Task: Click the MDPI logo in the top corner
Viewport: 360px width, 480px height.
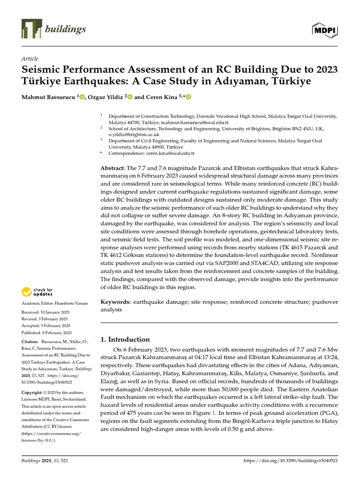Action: point(325,30)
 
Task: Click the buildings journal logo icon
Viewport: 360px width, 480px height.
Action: point(31,29)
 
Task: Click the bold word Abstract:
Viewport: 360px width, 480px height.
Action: point(113,168)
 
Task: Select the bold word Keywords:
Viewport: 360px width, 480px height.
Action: point(116,302)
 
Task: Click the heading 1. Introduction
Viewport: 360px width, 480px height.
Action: point(125,339)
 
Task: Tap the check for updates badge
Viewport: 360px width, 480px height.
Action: point(37,292)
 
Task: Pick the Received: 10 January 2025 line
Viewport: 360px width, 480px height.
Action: point(46,312)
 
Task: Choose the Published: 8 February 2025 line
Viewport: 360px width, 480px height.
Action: point(46,332)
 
